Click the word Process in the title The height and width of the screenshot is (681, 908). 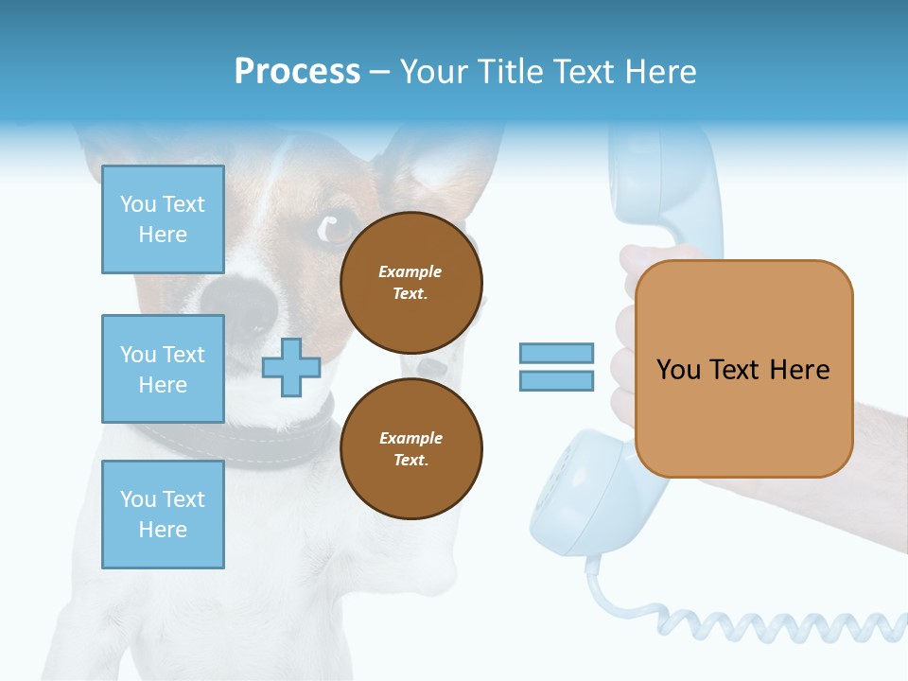pyautogui.click(x=297, y=72)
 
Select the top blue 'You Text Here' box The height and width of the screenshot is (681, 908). pyautogui.click(x=163, y=219)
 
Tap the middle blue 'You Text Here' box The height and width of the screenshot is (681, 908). pyautogui.click(x=163, y=369)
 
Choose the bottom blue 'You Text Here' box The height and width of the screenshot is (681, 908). pyautogui.click(x=163, y=514)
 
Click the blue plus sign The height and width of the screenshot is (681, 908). pyautogui.click(x=291, y=367)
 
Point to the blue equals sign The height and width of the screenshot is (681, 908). pyautogui.click(x=556, y=367)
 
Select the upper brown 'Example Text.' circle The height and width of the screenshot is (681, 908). pyautogui.click(x=410, y=283)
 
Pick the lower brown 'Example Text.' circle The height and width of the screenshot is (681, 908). pyautogui.click(x=410, y=449)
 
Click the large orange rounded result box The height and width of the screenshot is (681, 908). pyautogui.click(x=743, y=369)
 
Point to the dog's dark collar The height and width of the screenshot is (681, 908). pyautogui.click(x=284, y=436)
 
